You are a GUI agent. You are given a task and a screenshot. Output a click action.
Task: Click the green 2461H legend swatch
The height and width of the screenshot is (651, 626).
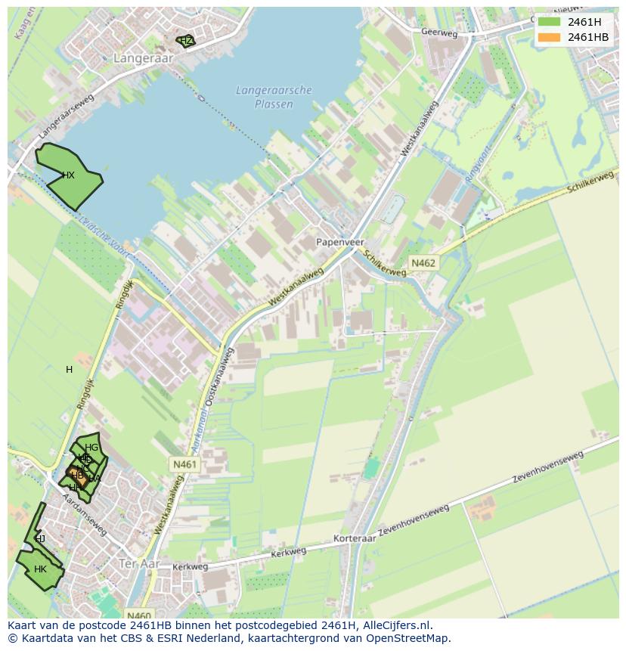pyautogui.click(x=550, y=22)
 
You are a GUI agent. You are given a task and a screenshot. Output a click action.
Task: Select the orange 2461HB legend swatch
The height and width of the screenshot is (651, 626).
pyautogui.click(x=550, y=37)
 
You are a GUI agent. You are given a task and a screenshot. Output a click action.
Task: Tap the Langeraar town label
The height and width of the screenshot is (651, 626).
pyautogui.click(x=143, y=57)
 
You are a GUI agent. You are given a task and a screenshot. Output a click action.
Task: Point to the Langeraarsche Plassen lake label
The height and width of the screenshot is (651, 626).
pyautogui.click(x=274, y=97)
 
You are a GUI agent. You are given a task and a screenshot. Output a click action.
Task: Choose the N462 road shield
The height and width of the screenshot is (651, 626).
pyautogui.click(x=423, y=262)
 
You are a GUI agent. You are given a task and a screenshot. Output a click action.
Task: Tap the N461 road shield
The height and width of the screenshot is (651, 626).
pyautogui.click(x=184, y=464)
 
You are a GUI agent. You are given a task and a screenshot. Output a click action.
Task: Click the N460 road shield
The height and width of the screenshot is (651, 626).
pyautogui.click(x=139, y=615)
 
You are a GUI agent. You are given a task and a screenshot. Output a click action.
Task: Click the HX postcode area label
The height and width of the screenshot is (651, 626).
pyautogui.click(x=68, y=175)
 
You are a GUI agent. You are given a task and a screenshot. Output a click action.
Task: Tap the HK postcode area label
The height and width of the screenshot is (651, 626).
pyautogui.click(x=40, y=569)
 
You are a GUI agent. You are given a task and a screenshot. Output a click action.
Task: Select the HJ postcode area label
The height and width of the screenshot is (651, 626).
pyautogui.click(x=40, y=539)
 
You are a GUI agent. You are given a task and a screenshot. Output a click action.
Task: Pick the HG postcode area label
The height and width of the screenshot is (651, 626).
pyautogui.click(x=91, y=448)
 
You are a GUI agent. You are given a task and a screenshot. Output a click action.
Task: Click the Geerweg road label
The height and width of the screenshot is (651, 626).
pyautogui.click(x=440, y=33)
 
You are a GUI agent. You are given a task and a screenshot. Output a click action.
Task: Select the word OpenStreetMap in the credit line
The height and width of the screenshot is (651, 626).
pyautogui.click(x=406, y=638)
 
